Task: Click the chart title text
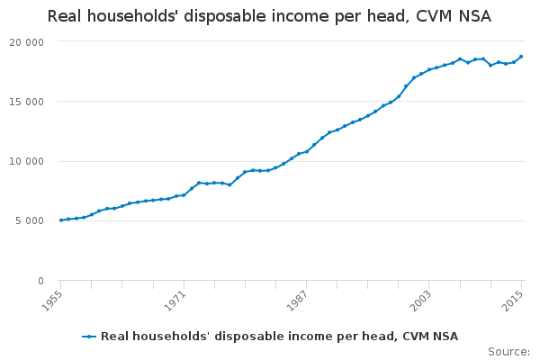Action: click(269, 16)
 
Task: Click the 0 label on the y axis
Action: click(40, 281)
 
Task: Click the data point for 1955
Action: click(60, 220)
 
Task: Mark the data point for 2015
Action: click(521, 57)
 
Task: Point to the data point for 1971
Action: click(184, 195)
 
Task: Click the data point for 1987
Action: click(306, 151)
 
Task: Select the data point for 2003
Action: click(429, 69)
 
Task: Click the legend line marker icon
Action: click(89, 337)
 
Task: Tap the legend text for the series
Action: click(279, 337)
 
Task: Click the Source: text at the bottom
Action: click(508, 351)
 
